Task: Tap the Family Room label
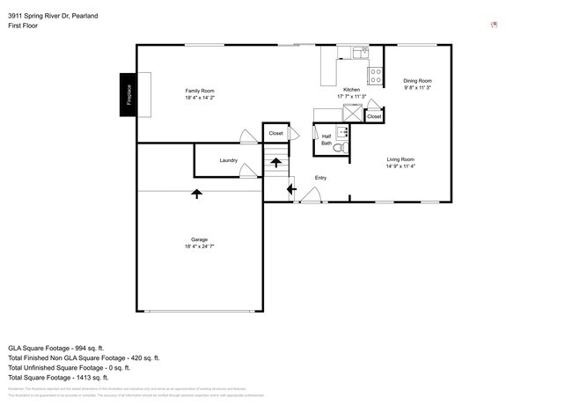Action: pos(199,91)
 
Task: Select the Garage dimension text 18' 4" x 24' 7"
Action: pos(199,247)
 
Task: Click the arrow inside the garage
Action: pos(196,194)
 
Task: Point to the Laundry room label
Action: pos(228,160)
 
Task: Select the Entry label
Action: pos(321,179)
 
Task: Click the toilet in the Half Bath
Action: pos(345,147)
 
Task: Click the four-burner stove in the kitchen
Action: pos(375,75)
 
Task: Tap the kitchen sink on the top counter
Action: pos(361,53)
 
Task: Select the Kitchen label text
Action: pos(351,91)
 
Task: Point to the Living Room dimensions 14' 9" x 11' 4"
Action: pos(400,166)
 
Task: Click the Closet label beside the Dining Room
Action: pos(374,116)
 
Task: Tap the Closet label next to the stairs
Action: pos(275,133)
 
